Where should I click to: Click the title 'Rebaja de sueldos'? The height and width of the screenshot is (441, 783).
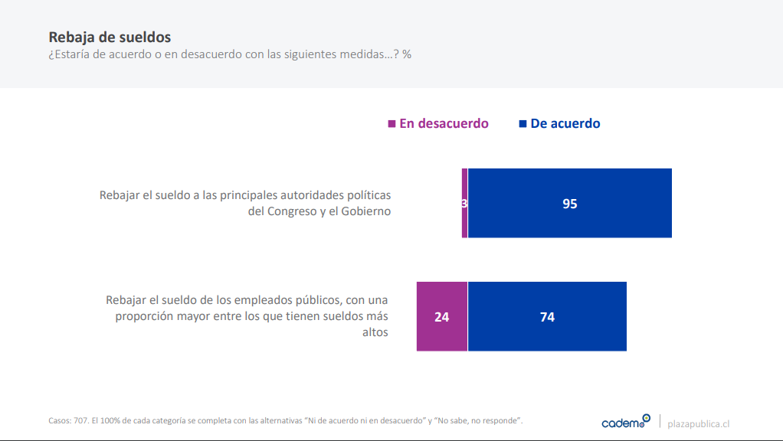[110, 37]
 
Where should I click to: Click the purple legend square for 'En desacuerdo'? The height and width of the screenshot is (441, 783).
[392, 123]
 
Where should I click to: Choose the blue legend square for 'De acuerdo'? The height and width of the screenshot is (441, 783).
[523, 123]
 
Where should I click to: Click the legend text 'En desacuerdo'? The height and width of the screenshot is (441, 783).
[444, 123]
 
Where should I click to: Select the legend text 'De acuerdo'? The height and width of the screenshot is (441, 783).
[565, 123]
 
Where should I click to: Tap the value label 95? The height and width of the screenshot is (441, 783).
[569, 204]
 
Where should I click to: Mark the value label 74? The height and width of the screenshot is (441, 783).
[547, 317]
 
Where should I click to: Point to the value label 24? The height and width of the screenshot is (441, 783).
[442, 317]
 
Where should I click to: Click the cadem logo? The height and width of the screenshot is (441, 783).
[625, 422]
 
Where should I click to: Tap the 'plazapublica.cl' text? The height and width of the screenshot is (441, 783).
[698, 423]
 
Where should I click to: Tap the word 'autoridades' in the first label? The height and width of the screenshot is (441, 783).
[301, 195]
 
